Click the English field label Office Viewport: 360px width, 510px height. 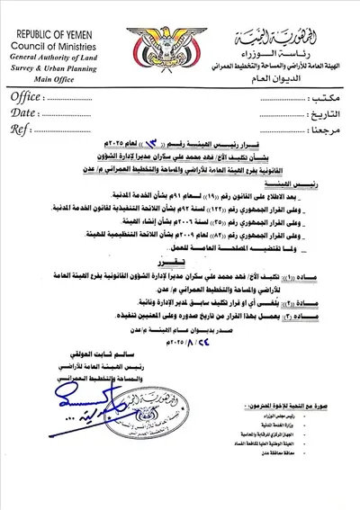pos(29,96)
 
